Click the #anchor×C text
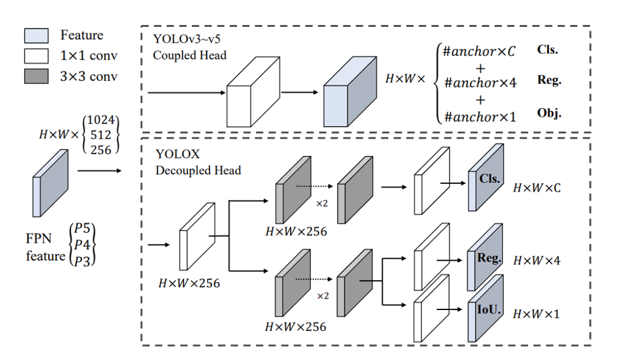pos(479,51)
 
